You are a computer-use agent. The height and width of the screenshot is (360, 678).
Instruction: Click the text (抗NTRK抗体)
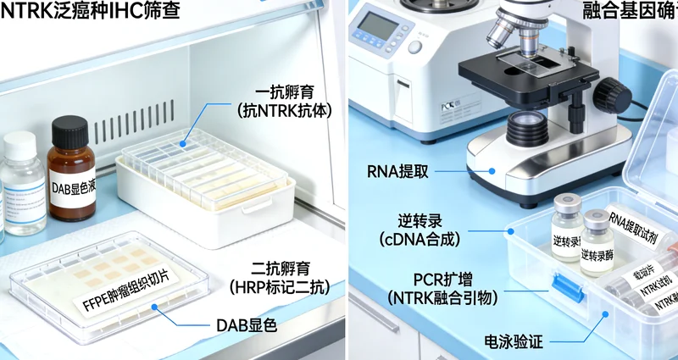[281, 110]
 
